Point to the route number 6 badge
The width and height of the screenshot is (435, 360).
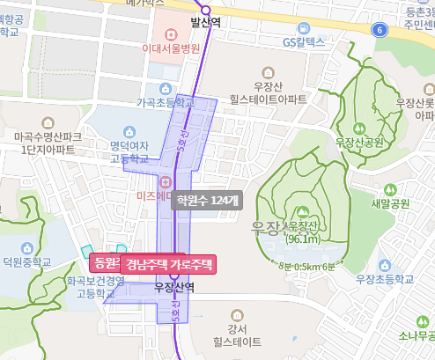(x=380, y=30)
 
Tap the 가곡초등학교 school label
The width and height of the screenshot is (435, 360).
(x=165, y=102)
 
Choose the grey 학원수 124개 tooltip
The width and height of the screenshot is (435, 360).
(x=206, y=201)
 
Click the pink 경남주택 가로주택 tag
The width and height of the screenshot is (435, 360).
(x=168, y=263)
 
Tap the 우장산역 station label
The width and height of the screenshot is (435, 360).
(x=173, y=287)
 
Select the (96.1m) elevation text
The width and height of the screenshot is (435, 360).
(x=302, y=239)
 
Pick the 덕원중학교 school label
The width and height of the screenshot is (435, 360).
(x=26, y=261)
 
